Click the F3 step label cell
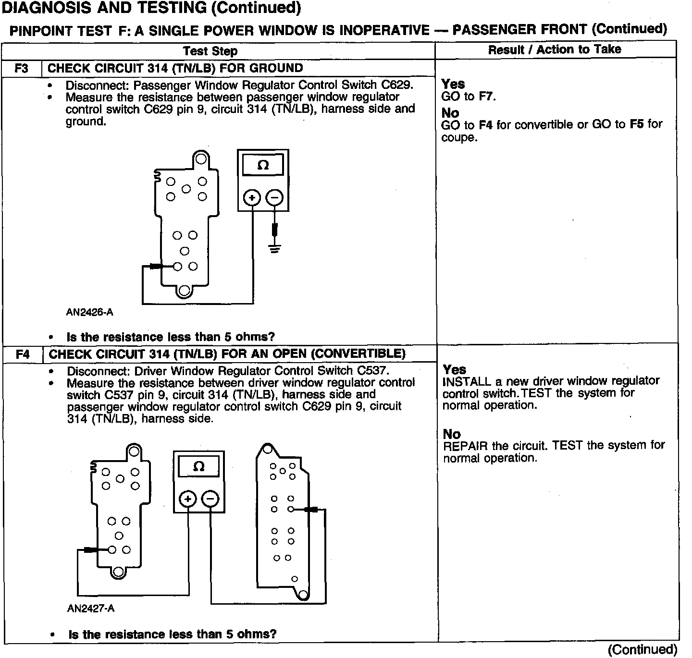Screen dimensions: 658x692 (22, 68)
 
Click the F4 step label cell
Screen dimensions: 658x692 (23, 354)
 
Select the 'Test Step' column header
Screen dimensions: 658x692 (210, 51)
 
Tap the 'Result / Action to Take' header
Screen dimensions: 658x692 (555, 49)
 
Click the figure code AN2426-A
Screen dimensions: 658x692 (89, 312)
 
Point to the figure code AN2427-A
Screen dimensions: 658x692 (91, 609)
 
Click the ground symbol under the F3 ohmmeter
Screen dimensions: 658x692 (275, 249)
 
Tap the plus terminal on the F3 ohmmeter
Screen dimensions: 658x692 (252, 198)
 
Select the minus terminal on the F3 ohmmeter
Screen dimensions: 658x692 (274, 198)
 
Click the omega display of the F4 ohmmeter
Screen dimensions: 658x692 (198, 466)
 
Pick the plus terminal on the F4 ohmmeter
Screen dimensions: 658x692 (188, 500)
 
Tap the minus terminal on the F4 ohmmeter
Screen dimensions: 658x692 (210, 500)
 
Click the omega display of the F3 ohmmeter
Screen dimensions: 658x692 (263, 165)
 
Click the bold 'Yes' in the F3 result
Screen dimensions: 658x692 (453, 84)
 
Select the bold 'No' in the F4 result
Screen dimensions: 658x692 (452, 434)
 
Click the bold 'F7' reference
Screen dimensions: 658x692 (486, 97)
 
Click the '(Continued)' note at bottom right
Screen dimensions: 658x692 (643, 649)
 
